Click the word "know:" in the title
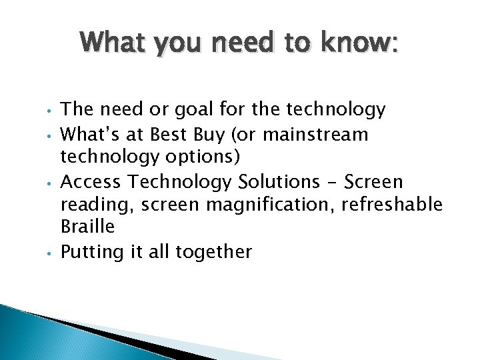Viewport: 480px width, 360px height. coord(360,44)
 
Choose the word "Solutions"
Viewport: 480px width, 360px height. coord(283,181)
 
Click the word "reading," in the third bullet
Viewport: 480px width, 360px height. coord(88,205)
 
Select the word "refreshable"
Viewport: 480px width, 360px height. coord(392,205)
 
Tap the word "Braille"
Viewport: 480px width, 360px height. coord(87,227)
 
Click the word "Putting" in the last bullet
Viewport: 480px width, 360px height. coord(89,252)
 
